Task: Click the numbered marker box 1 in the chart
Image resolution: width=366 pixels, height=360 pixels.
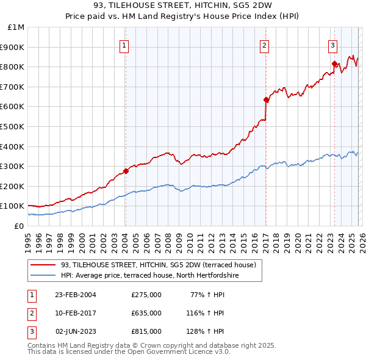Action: click(x=124, y=45)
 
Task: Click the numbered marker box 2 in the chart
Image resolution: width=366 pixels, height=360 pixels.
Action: click(x=265, y=45)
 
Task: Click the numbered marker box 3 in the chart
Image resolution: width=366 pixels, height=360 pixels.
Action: click(x=333, y=45)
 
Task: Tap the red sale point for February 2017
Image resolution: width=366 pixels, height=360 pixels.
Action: click(x=266, y=99)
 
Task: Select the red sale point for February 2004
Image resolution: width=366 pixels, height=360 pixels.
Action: click(x=126, y=171)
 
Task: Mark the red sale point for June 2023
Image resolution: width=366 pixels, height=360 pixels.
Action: click(x=334, y=63)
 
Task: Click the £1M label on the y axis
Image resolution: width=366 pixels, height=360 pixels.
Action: click(x=16, y=27)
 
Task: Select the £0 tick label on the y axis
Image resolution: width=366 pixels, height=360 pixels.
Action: click(x=19, y=226)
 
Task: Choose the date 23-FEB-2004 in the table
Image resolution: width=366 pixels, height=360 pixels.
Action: click(x=76, y=294)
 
